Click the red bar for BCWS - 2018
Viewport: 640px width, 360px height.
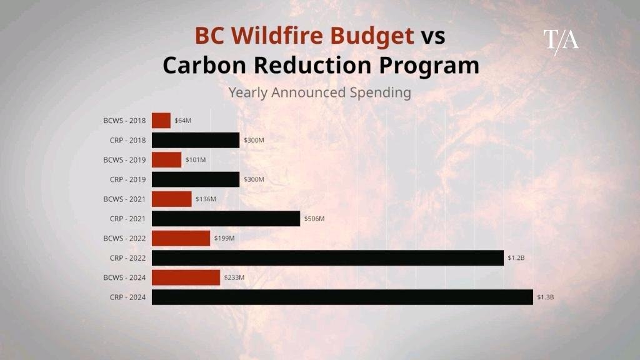[161, 121]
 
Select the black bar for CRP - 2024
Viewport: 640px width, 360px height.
[342, 297]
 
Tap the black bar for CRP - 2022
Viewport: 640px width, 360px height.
[327, 258]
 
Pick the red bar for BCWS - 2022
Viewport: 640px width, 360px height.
[181, 238]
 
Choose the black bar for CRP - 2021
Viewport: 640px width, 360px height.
[226, 219]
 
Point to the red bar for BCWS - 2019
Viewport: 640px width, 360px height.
[166, 159]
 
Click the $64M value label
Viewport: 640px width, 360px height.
[183, 121]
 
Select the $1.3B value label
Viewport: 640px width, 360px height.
[545, 297]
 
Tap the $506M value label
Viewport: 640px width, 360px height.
[314, 219]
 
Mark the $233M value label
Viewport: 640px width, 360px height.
[234, 277]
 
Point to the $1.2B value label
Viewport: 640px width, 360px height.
[516, 258]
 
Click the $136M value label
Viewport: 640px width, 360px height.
[206, 199]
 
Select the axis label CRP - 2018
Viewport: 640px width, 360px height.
[127, 141]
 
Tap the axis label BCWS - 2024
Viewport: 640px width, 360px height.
[124, 277]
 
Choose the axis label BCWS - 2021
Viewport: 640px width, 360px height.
[124, 199]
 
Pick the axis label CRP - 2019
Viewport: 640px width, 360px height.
[127, 179]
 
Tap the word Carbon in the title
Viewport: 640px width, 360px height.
[204, 65]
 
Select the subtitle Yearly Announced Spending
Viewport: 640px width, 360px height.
[319, 92]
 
